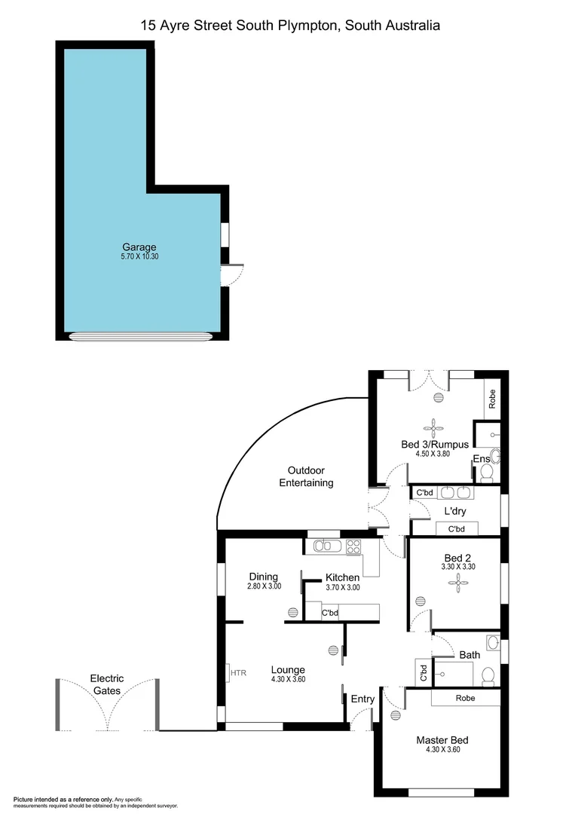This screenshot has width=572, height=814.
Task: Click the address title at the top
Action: point(290,26)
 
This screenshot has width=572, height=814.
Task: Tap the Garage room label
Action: point(139,246)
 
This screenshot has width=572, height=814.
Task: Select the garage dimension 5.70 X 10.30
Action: point(139,256)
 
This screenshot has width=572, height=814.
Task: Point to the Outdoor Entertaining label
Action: point(306,476)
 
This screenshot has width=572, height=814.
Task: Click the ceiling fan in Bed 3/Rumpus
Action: point(433,424)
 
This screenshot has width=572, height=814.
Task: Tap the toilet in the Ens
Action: point(487,473)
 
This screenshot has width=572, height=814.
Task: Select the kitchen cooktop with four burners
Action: point(353,546)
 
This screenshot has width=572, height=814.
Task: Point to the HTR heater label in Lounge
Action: point(238,672)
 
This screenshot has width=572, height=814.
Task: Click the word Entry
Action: point(362,699)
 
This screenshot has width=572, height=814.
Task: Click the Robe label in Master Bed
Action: point(465,698)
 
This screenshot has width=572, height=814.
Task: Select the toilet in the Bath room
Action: point(488,675)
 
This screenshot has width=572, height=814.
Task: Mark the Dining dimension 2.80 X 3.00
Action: point(264,586)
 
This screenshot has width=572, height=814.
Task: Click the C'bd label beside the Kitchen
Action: point(329,613)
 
